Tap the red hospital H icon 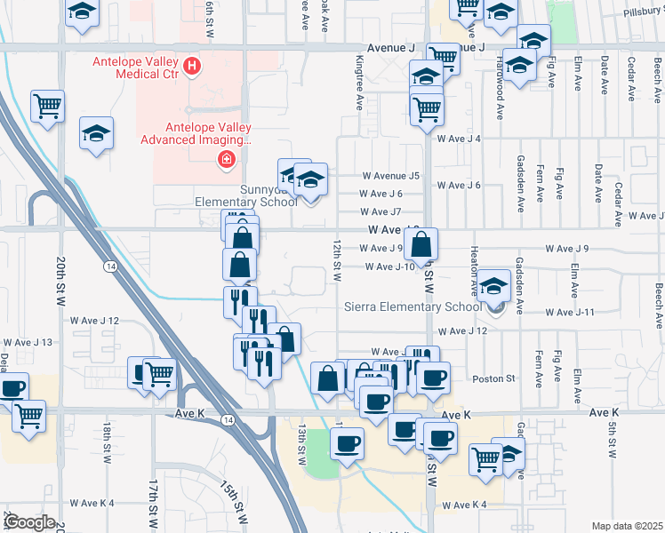pos(190,67)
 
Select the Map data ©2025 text pos(628,526)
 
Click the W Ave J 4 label pos(458,139)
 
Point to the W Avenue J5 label pos(389,176)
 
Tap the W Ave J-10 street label pos(389,266)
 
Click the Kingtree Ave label pos(360,84)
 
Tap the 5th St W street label pos(613,440)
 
